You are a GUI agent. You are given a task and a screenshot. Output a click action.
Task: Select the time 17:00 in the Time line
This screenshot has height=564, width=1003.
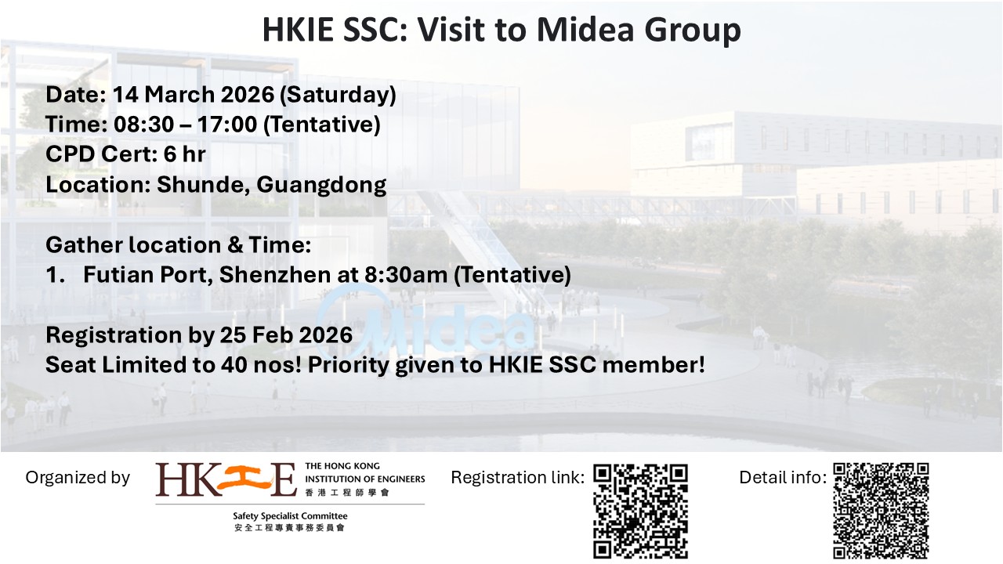coord(227,124)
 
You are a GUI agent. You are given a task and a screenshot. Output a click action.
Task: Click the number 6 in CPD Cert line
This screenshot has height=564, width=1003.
coord(170,154)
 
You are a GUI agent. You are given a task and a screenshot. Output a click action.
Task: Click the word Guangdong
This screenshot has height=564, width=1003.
coord(321,185)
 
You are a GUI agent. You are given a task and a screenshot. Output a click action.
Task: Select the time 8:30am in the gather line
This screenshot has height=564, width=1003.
coord(406,274)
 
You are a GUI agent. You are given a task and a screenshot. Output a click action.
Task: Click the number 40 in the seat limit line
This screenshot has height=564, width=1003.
coord(234,365)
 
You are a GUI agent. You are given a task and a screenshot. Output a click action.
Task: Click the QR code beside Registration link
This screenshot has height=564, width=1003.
coord(641,512)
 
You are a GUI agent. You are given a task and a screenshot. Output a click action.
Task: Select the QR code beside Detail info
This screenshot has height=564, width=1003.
coord(881,511)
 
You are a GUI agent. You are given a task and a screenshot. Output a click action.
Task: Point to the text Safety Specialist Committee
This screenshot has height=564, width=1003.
coord(290,516)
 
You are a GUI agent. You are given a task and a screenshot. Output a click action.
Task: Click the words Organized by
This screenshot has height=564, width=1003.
coord(78,478)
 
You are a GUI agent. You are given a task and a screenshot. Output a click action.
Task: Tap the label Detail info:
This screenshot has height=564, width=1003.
coord(783,477)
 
